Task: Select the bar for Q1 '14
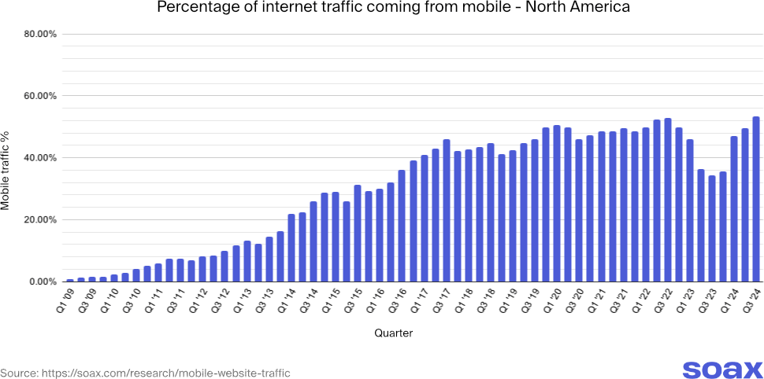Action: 291,248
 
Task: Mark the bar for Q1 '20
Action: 557,204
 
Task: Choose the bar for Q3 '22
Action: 668,200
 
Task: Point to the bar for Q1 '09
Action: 70,280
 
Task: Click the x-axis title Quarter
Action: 393,333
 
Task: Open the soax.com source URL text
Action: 145,373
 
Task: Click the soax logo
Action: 721,370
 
